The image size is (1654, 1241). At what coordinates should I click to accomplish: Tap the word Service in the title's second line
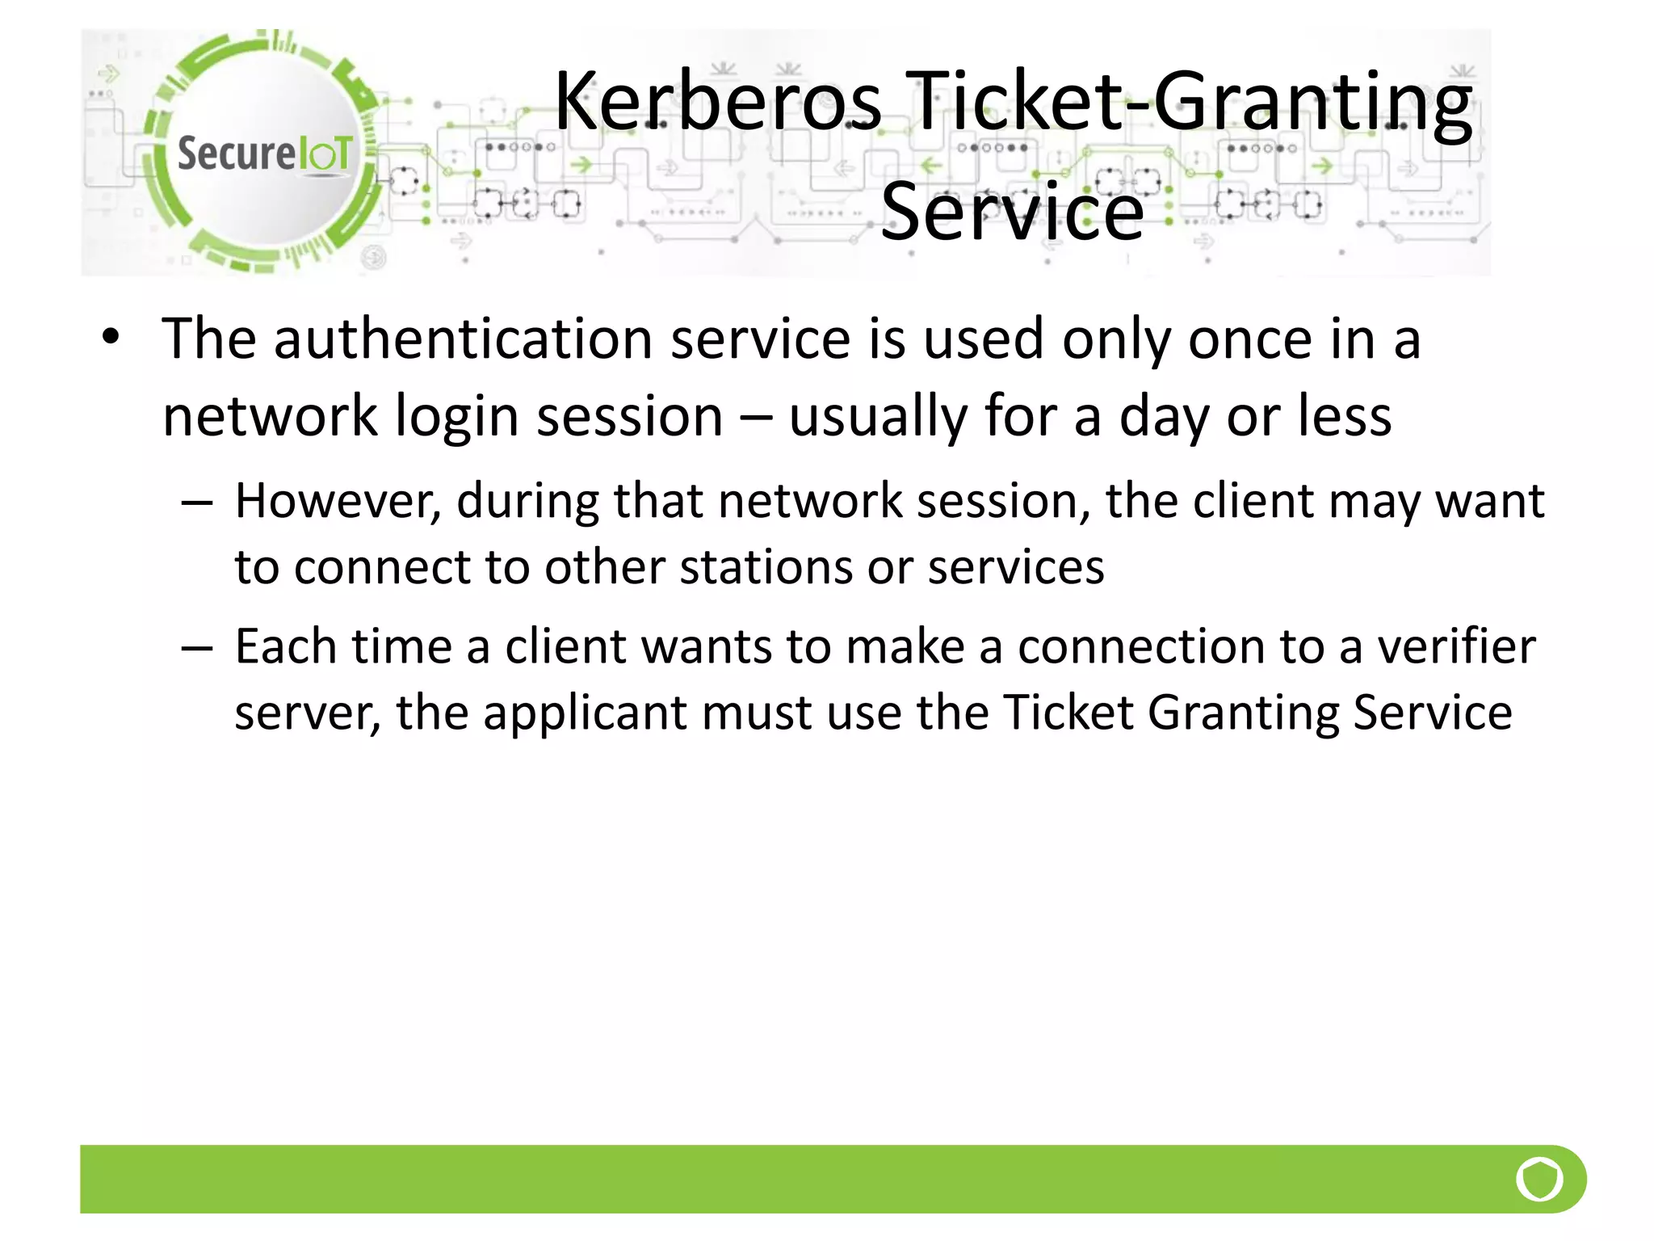(x=1012, y=212)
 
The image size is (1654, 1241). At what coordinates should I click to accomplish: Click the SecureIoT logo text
(x=264, y=154)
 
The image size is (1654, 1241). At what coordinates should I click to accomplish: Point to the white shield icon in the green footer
(x=1539, y=1179)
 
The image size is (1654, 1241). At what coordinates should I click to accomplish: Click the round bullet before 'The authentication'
(x=111, y=337)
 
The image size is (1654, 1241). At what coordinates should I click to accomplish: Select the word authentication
(x=463, y=339)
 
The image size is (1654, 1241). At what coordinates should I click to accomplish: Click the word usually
(x=877, y=418)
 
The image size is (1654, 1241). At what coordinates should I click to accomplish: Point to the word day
(x=1165, y=418)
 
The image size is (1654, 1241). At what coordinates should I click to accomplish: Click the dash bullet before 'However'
(x=197, y=503)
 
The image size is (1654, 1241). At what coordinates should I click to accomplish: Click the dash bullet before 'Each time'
(x=197, y=648)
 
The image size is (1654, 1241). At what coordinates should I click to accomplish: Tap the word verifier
(x=1456, y=646)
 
